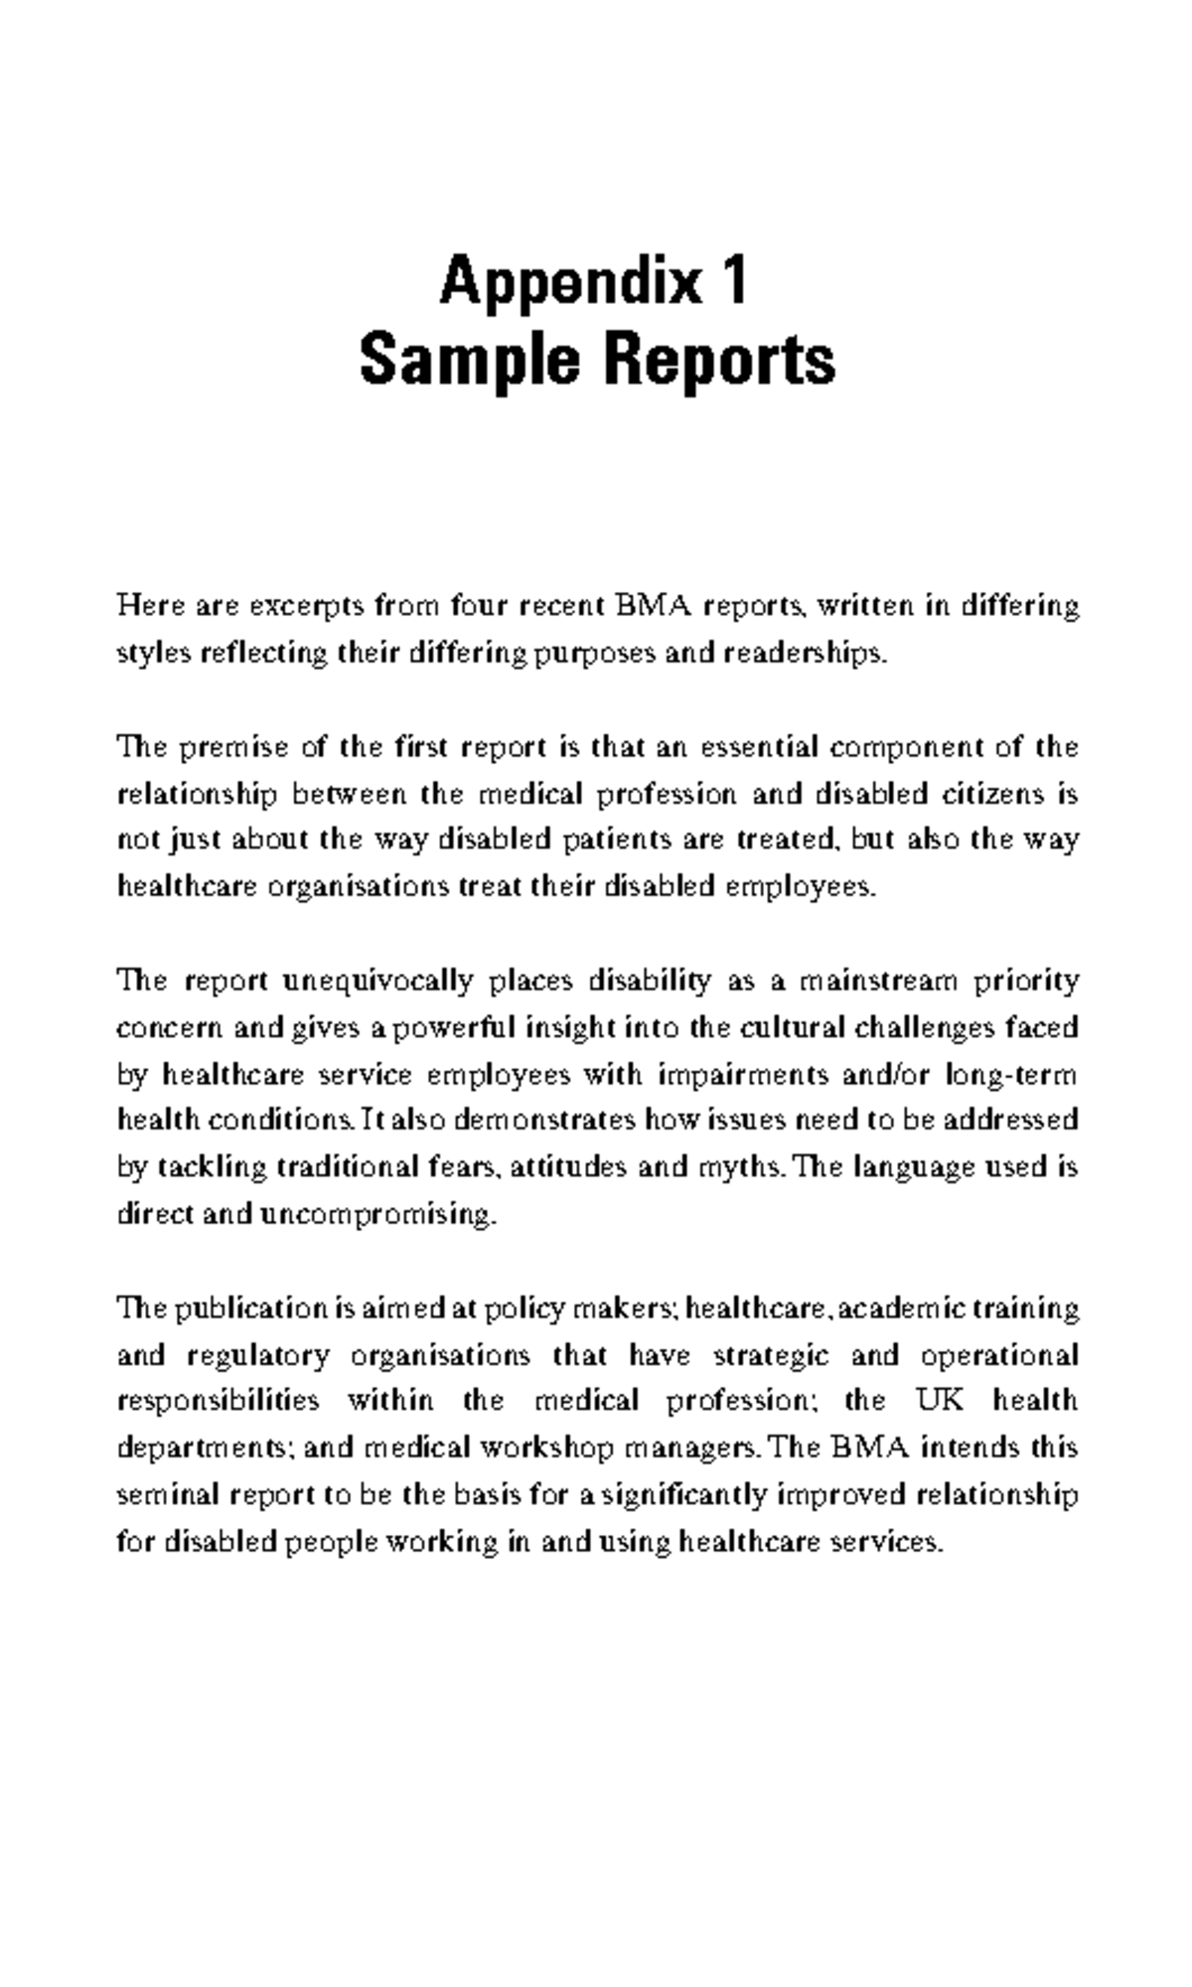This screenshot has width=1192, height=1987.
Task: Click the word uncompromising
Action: point(376,1213)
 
